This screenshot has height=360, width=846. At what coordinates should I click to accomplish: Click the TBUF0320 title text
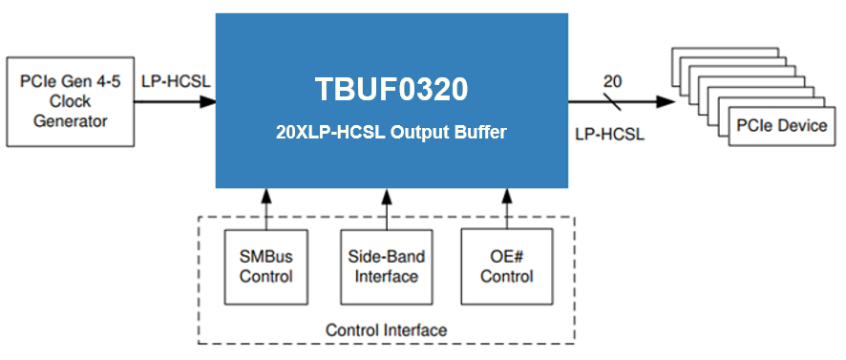point(391,89)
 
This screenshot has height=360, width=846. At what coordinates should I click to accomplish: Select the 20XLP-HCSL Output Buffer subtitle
point(391,132)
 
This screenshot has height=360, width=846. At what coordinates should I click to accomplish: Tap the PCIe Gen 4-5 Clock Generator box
point(70,101)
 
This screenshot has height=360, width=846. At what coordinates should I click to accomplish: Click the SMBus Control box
point(266,266)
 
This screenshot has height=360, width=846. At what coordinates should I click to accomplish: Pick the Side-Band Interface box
point(387,266)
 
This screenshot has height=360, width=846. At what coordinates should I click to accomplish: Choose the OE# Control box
point(507,266)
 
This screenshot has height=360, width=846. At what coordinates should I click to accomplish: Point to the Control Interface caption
point(387,329)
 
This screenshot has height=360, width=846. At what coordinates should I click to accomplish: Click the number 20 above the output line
point(612,81)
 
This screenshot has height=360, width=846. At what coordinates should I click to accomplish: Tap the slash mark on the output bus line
point(612,100)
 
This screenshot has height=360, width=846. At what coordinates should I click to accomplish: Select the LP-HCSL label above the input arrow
point(176,81)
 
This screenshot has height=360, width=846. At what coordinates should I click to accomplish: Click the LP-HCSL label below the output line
point(610,135)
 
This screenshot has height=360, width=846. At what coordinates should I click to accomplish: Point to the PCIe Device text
point(782,126)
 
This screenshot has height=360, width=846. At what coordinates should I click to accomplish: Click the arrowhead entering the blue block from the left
point(208,101)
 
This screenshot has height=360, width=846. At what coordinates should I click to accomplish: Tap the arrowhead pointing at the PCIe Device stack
point(666,101)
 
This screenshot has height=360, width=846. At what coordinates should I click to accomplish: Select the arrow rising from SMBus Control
point(265,209)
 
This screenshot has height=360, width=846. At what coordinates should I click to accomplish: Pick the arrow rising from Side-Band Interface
point(387,209)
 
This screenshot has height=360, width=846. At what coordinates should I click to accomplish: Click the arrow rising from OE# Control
point(507,209)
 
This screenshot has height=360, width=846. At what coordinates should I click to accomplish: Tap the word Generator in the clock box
point(70,121)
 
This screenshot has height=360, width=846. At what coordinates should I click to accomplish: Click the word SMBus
point(266,256)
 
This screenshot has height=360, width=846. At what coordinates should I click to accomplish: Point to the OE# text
point(507,256)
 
